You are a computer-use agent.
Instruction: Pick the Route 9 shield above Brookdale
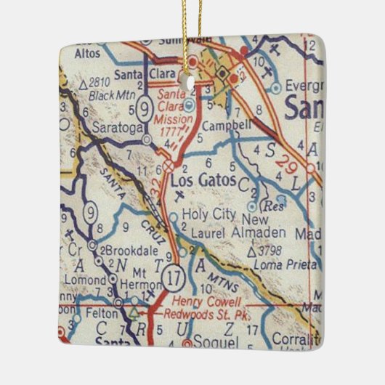click(x=89, y=212)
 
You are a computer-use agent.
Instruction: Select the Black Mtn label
click(x=108, y=94)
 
